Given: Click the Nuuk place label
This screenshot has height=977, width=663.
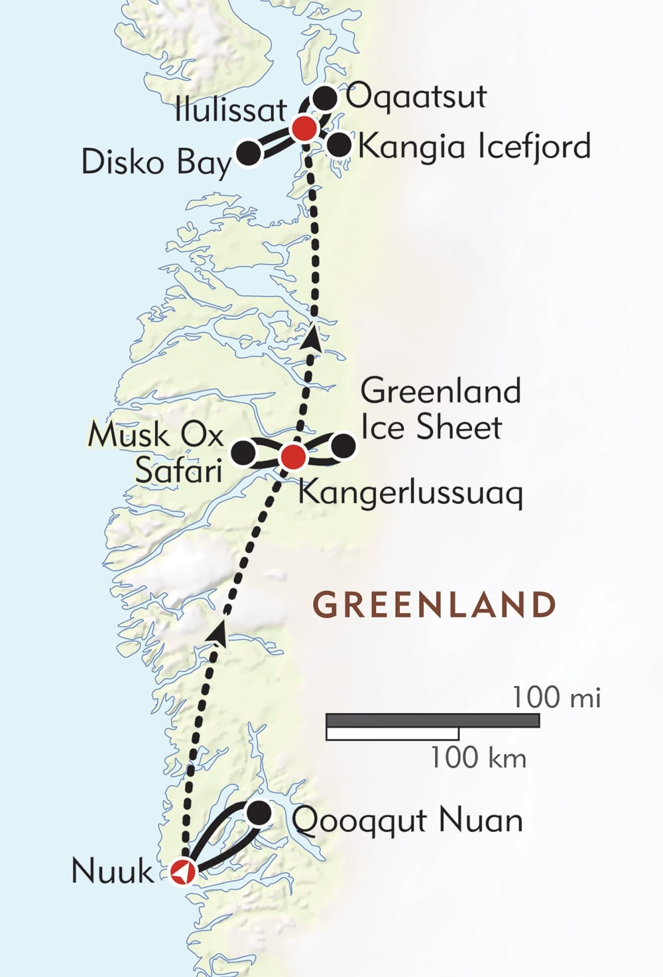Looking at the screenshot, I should (x=112, y=871).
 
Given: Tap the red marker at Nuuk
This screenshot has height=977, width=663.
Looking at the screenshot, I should (x=182, y=872).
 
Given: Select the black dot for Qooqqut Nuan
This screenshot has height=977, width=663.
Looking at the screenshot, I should (x=259, y=813).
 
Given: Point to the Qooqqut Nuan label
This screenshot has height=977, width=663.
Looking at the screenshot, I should (x=407, y=821).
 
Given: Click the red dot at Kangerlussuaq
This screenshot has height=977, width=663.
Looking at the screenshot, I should (x=292, y=456).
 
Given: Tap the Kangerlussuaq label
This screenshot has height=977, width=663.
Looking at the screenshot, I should (x=410, y=493).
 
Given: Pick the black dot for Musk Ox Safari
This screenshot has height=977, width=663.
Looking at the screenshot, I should (x=243, y=453).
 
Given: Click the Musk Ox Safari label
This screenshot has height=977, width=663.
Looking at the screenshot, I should (x=156, y=453).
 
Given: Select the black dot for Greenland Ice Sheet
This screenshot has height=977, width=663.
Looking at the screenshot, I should (x=343, y=446).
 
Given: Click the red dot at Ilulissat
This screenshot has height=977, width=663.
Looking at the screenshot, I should (x=304, y=128).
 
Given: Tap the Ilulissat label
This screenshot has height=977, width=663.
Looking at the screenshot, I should (x=230, y=110).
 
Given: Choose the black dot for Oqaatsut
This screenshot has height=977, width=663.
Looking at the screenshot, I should (x=324, y=98).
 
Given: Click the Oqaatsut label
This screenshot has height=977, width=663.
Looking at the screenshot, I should (x=416, y=98).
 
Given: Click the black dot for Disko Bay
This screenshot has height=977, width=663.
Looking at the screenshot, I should (x=249, y=153).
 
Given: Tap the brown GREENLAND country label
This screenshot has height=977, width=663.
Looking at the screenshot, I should (x=434, y=605).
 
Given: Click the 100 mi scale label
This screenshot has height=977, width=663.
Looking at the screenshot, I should (x=556, y=698).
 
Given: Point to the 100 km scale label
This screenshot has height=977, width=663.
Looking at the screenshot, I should (x=478, y=757).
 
